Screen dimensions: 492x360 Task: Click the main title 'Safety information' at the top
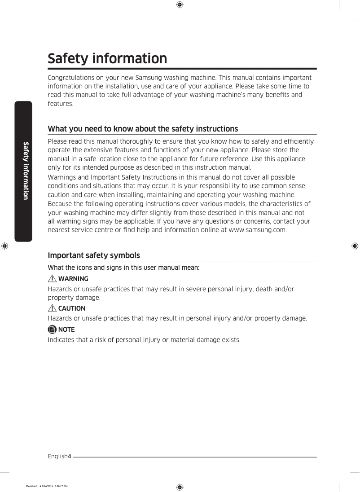click(107, 59)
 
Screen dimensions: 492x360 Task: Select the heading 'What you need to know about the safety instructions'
click(143, 129)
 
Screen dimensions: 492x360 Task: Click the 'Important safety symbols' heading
click(94, 255)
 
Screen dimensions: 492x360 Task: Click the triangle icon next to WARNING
click(53, 279)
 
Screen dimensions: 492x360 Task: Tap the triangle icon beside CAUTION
click(53, 308)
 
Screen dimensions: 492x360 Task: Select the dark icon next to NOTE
click(53, 329)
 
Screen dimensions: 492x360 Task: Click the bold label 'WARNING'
click(73, 279)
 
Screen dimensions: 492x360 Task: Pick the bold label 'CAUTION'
click(72, 308)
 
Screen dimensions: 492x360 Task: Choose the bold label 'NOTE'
click(66, 329)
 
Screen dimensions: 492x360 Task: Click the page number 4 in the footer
click(70, 457)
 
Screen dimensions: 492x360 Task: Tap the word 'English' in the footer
click(57, 457)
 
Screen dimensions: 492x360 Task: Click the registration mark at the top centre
click(179, 5)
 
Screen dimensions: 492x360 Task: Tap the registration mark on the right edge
click(355, 246)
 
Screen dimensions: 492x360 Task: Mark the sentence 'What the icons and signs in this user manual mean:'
click(123, 268)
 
